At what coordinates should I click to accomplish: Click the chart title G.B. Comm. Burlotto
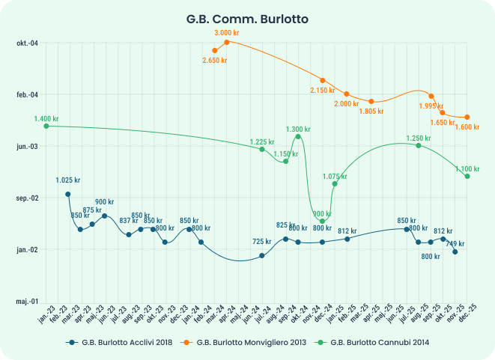247,18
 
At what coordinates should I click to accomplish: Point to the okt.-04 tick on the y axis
28,43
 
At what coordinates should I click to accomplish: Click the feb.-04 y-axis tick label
28,94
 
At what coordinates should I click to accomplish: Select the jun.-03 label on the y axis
28,146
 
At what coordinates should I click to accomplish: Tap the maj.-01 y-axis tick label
28,302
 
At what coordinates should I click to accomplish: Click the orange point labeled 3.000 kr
227,42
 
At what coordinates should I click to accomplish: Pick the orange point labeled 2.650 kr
215,50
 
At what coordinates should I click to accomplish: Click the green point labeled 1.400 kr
46,126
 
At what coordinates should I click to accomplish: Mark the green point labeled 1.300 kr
298,136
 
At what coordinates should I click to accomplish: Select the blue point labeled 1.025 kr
68,194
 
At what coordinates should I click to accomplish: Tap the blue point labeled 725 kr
262,255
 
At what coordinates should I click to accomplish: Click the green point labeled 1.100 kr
467,176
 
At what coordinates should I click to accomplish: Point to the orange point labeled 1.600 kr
467,117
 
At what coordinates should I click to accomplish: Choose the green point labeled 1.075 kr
335,183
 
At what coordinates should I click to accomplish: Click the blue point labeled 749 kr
455,251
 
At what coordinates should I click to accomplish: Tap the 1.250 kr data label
419,138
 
